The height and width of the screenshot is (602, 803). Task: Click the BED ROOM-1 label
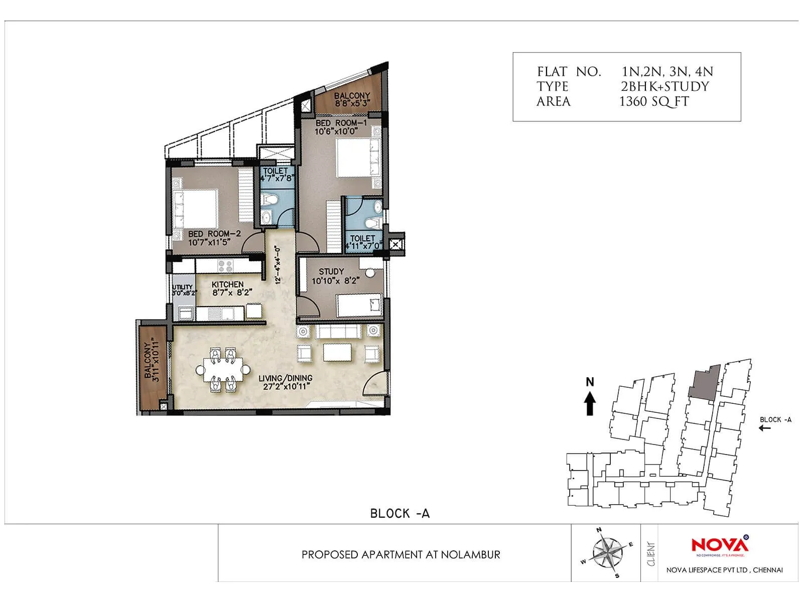coord(341,123)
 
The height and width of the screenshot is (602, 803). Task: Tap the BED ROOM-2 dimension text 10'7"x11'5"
coord(209,242)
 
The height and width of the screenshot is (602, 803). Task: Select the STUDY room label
coord(331,271)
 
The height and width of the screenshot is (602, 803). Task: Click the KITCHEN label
coord(227,284)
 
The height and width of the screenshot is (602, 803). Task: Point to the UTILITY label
coord(182,287)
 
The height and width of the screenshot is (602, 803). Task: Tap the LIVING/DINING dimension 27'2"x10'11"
coord(285,386)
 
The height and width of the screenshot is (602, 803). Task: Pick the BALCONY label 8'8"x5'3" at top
coord(352,99)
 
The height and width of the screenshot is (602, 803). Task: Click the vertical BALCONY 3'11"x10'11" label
coord(151,360)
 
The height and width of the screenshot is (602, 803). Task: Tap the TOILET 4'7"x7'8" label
coord(276,174)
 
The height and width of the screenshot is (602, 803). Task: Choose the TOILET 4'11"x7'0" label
coord(363,242)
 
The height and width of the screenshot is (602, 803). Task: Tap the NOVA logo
coord(720,545)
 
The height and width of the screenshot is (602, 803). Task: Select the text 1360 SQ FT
coord(654,101)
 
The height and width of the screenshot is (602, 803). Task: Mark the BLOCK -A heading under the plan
coord(399,513)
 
